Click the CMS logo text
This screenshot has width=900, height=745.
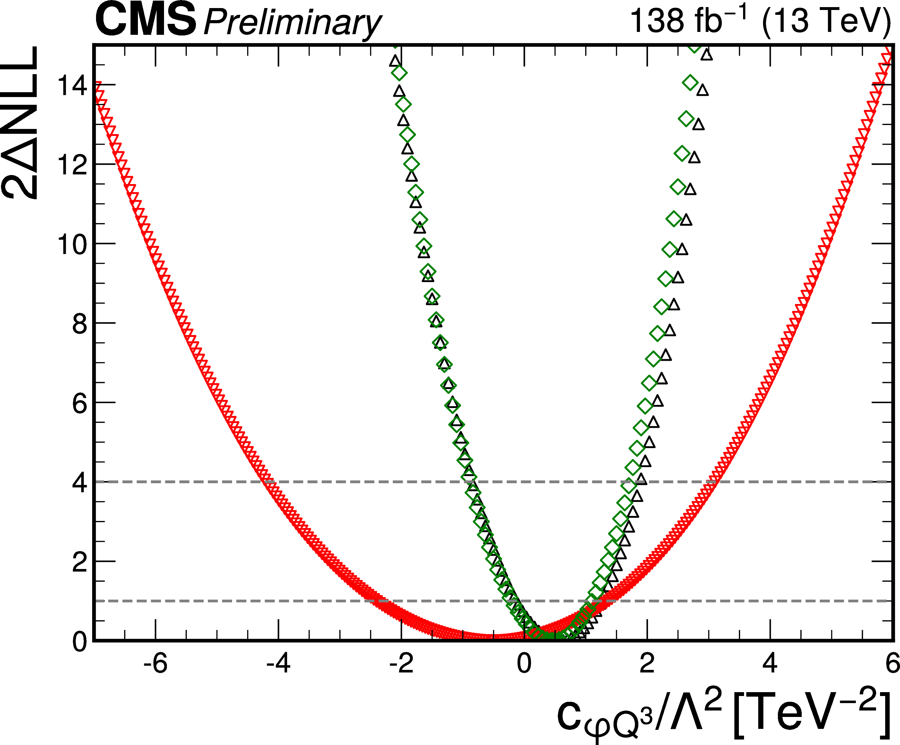tap(146, 20)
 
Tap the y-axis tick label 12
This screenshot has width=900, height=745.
tap(72, 165)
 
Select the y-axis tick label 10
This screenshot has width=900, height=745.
tap(72, 244)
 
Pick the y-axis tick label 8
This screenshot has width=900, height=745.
tap(80, 324)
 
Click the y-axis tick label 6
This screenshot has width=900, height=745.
tap(80, 403)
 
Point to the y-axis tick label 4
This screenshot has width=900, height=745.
tap(80, 483)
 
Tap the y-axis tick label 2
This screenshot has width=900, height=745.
tap(80, 562)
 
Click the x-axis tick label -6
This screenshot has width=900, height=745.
tap(155, 663)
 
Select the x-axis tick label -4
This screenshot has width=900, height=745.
tap(278, 663)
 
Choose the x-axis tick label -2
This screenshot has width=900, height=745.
tap(401, 663)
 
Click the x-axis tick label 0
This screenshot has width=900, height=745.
tap(524, 663)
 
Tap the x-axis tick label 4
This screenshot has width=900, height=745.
tap(770, 663)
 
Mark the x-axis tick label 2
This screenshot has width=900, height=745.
tap(647, 663)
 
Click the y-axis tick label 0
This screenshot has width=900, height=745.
tap(80, 642)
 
